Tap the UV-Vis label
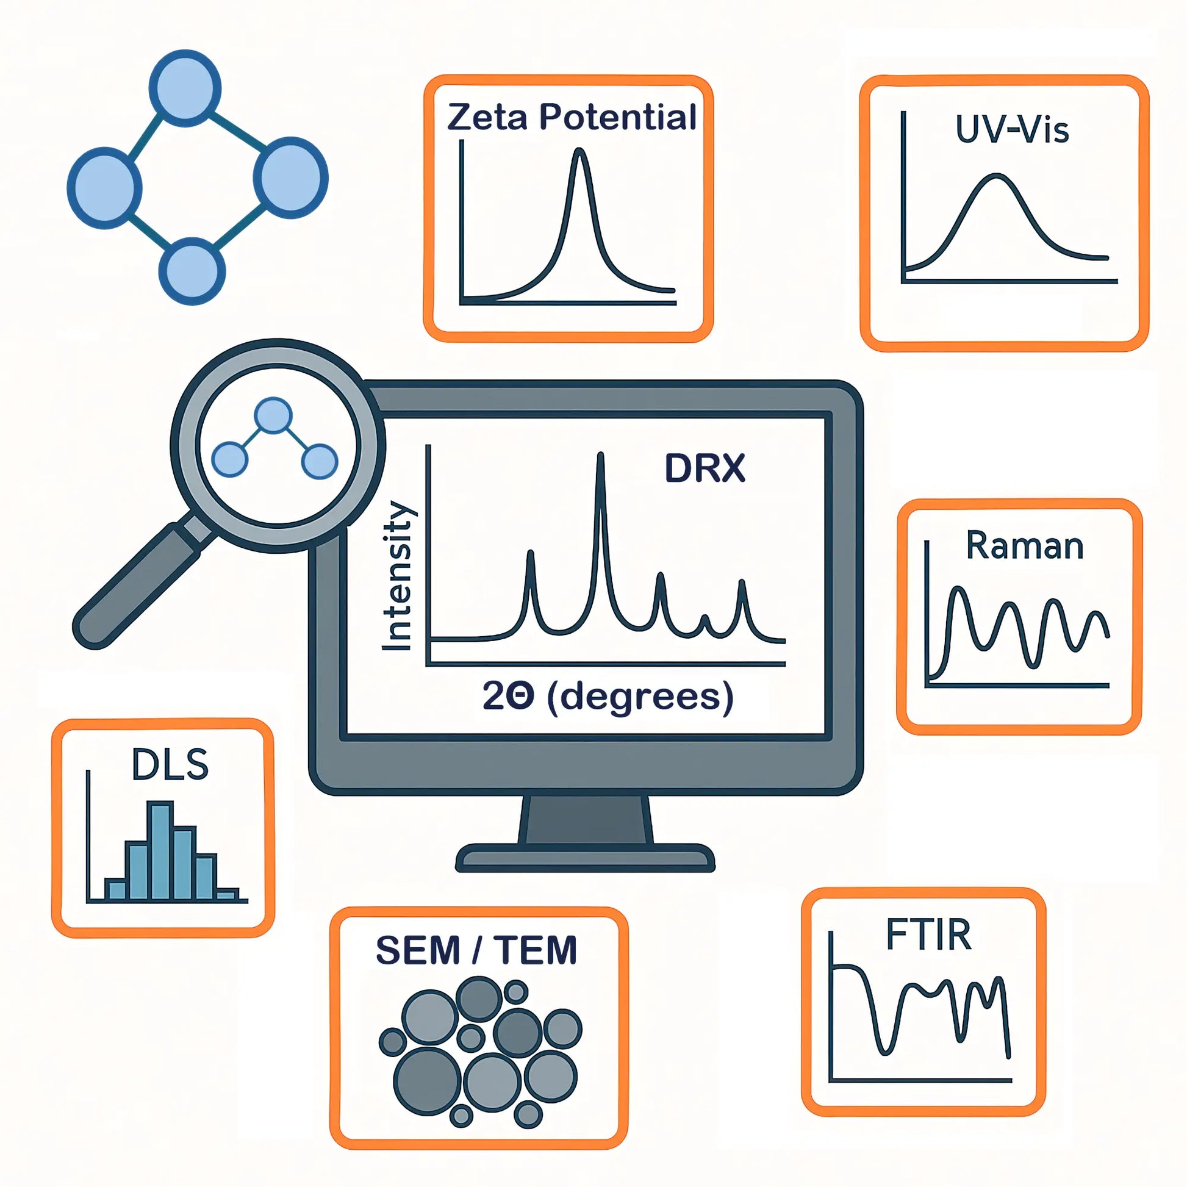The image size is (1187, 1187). [x=1012, y=130]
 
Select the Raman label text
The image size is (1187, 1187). [x=1024, y=545]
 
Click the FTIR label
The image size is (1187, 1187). [x=928, y=934]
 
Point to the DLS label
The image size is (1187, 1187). [x=170, y=765]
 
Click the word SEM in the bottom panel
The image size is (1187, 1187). [x=418, y=950]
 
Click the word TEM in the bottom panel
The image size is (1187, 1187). [x=535, y=950]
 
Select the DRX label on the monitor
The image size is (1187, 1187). [x=705, y=469]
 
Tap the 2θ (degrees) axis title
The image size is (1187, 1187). [x=608, y=697]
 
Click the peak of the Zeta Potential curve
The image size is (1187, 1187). [x=579, y=151]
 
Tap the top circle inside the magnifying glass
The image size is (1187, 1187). [x=273, y=415]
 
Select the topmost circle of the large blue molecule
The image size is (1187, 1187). [x=185, y=88]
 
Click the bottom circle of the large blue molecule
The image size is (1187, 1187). [x=192, y=271]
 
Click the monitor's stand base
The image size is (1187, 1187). [x=585, y=857]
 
